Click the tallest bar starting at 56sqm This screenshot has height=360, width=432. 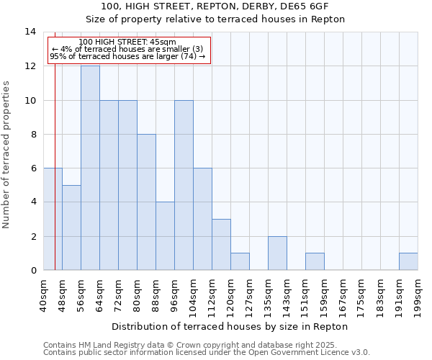pos(90,168)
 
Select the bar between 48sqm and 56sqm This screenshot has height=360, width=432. pos(71,228)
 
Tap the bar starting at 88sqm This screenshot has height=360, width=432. pos(165,236)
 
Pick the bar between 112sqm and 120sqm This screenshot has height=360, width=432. pos(221,245)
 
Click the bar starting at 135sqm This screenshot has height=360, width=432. pos(277,253)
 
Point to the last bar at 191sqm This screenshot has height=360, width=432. pos(408,262)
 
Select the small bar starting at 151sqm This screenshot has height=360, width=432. pos(315,262)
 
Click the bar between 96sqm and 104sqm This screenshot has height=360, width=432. pos(184,185)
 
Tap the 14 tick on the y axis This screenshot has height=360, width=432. pos(31,32)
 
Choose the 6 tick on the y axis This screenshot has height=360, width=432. pos(32,168)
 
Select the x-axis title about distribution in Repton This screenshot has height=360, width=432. pos(230,326)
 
